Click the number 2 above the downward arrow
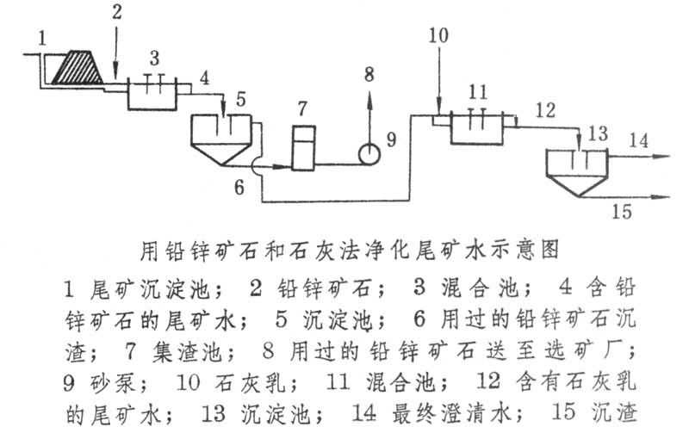click(x=117, y=12)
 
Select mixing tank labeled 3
click(x=153, y=92)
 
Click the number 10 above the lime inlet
click(x=438, y=35)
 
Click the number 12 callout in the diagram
click(x=544, y=109)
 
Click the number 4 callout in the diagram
click(x=204, y=77)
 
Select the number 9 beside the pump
click(x=390, y=140)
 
